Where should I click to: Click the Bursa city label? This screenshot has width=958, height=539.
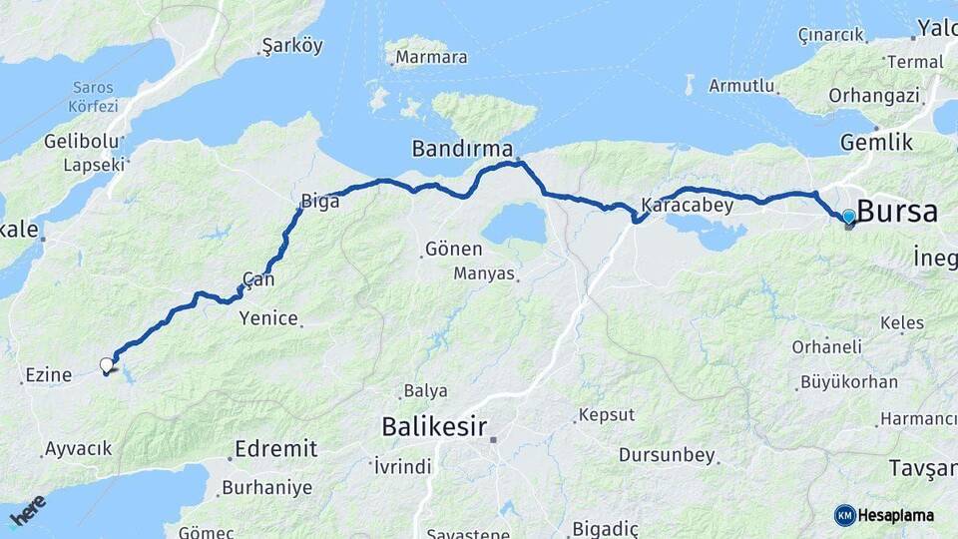tap(896, 212)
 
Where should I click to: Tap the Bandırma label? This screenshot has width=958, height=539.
tap(463, 149)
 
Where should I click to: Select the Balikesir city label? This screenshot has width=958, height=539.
tap(434, 427)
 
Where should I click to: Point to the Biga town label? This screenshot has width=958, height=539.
tap(320, 201)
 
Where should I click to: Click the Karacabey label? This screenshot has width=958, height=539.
tap(687, 206)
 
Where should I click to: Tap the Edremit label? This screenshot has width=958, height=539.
tap(275, 448)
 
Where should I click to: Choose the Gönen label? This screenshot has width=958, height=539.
tap(453, 249)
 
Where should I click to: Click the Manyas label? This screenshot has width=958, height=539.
tap(483, 272)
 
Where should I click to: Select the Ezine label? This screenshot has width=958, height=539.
tap(49, 375)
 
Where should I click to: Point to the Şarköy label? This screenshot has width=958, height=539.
tap(292, 46)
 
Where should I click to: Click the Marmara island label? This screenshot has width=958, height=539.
tap(431, 57)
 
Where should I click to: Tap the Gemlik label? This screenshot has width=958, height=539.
tap(876, 143)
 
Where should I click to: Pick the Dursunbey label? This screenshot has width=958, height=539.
tap(667, 455)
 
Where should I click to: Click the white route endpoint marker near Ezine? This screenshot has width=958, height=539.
tap(107, 365)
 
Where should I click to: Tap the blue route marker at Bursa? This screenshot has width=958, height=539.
tap(848, 217)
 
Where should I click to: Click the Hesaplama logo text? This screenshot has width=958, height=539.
tap(896, 515)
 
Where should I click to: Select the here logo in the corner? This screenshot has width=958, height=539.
tap(27, 510)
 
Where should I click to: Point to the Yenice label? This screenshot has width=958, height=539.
tap(268, 318)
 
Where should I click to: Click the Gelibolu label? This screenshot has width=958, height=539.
tap(81, 142)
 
